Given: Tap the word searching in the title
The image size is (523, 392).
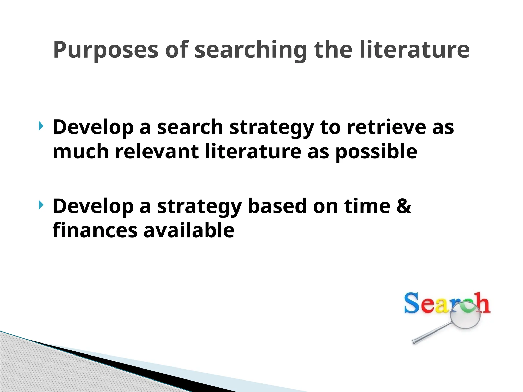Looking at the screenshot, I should [x=251, y=50].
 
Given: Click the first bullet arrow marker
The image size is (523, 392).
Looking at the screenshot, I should [x=41, y=126].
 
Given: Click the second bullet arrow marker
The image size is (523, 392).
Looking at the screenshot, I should [x=41, y=205].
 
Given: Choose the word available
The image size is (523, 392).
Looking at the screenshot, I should [x=189, y=230].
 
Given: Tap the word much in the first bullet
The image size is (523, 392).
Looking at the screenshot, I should [x=81, y=151].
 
